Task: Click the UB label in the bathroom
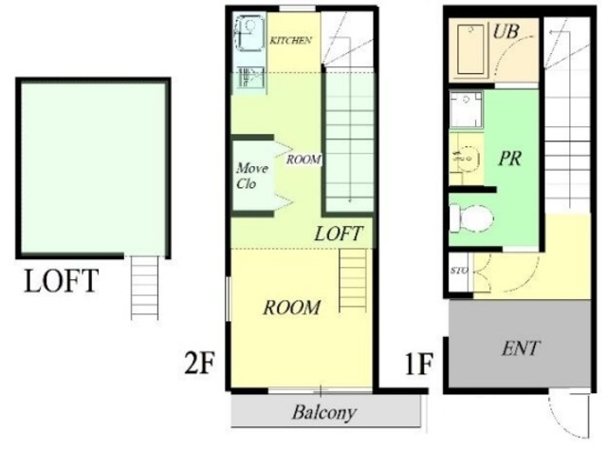click(x=506, y=31)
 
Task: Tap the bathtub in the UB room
click(x=470, y=49)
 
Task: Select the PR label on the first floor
click(x=510, y=159)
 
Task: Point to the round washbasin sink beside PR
click(x=469, y=158)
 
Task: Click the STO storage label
click(x=459, y=271)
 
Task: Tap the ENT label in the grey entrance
click(x=521, y=348)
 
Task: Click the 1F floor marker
click(x=417, y=364)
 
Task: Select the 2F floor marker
click(x=199, y=363)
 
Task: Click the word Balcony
click(x=324, y=412)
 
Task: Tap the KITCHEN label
click(x=290, y=40)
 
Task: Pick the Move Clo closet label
click(x=252, y=176)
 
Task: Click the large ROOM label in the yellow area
click(x=291, y=308)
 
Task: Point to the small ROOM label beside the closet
click(x=303, y=160)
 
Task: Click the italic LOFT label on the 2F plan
click(x=338, y=234)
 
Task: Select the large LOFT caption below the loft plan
click(x=61, y=280)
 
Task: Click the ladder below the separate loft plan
click(x=144, y=288)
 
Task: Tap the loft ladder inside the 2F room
click(x=353, y=281)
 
